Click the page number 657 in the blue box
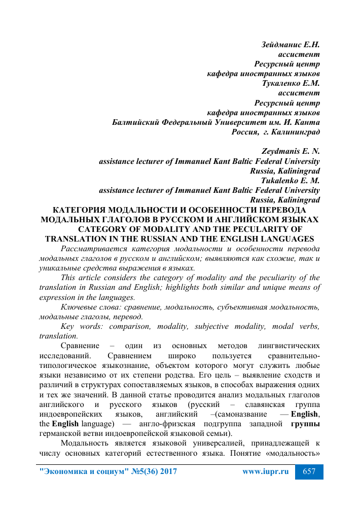(309, 471)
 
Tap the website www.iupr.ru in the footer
(266, 471)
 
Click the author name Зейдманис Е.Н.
(290, 45)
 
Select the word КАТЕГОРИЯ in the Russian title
(85, 210)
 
